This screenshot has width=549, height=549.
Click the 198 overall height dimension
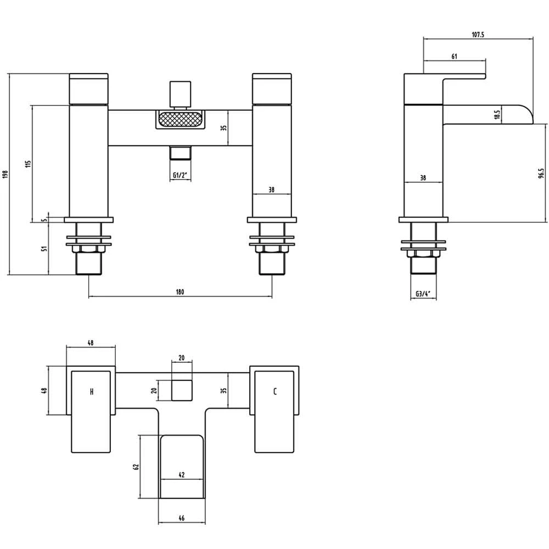5,174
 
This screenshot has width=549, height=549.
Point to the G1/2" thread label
179,175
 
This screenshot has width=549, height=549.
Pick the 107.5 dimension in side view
478,34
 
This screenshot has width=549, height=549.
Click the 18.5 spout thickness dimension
497,115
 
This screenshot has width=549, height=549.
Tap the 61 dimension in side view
454,56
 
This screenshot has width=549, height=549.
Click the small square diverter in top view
182,390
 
